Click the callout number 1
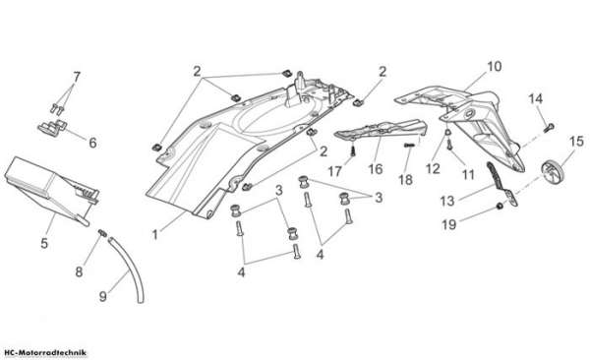tap(154, 235)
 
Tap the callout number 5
tap(44, 243)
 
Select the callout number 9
tap(102, 296)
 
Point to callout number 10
tap(495, 66)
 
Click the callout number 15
tap(576, 142)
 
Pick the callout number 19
tap(449, 225)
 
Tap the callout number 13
tap(447, 201)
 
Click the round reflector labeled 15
tap(551, 172)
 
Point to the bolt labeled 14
tap(550, 127)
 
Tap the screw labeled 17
tap(353, 151)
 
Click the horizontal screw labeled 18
tap(410, 145)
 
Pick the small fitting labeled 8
tap(102, 233)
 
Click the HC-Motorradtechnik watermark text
tap(43, 353)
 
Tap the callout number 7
tap(77, 77)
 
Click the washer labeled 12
tap(448, 133)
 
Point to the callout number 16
tap(376, 169)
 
